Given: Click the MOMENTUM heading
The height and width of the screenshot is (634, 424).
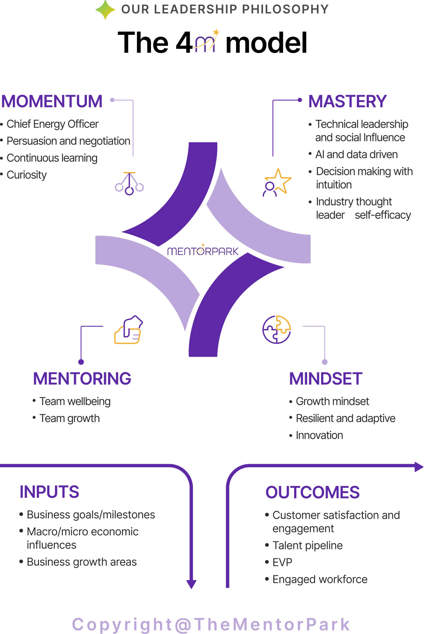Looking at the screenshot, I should pos(52,101).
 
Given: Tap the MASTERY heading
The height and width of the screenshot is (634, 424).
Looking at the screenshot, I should pos(347,101).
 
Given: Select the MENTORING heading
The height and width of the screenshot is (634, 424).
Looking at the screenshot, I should pos(82,378).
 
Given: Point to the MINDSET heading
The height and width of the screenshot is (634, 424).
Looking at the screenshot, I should pos(326,378).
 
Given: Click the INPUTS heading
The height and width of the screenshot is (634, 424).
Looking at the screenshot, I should pos(49,492).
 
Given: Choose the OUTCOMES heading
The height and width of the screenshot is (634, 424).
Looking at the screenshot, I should pos(312,492).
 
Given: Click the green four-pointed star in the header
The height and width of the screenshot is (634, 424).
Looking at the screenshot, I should pos(105,9).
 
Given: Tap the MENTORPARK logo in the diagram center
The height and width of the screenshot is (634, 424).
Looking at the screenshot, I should pos(203,251).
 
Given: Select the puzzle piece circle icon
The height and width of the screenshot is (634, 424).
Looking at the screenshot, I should pos(277,329).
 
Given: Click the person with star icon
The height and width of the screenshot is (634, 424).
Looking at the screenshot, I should pos(277,183).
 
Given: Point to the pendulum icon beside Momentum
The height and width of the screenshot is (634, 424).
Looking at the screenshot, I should pos(129,183).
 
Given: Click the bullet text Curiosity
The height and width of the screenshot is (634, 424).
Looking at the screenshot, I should pos(27,175).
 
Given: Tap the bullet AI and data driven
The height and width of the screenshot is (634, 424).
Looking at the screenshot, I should pos(356,154).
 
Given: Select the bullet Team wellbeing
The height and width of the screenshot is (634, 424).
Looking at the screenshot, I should pos(75,401).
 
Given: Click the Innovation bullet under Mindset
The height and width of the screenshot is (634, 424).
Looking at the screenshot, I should pos(319,435).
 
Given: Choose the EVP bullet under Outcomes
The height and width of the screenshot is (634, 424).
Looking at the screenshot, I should pos(282,563).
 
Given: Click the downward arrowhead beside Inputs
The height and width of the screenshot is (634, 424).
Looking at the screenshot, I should pos(191,584).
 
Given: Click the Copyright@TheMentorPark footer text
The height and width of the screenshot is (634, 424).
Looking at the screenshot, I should pos(211,624).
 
